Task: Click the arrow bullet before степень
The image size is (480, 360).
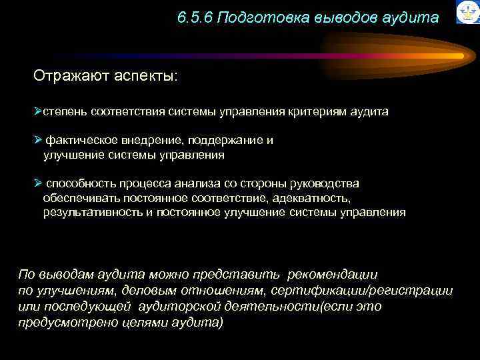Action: [38, 111]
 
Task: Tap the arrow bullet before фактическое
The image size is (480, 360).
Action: [38, 140]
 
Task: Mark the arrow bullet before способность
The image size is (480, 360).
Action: [38, 183]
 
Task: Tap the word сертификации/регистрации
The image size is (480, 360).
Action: [381, 291]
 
